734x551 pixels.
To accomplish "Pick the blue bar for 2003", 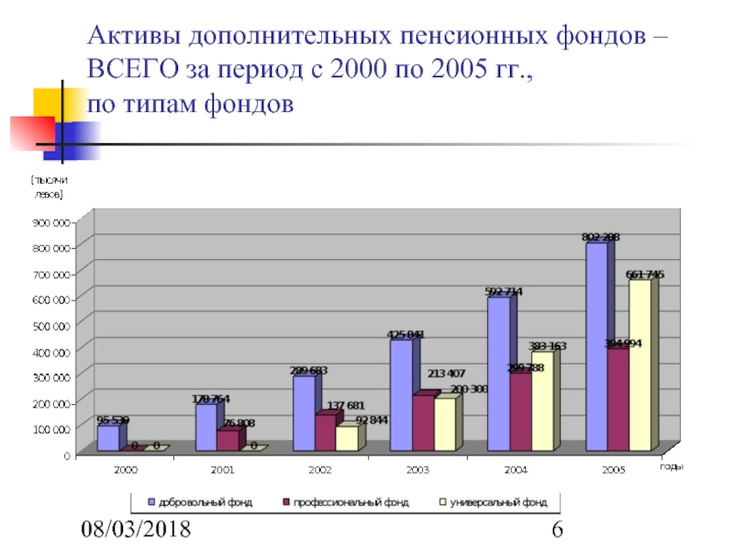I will [x=401, y=395].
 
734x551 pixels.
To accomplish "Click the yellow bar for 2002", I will [x=347, y=438].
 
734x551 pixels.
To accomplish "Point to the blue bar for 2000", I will [x=107, y=438].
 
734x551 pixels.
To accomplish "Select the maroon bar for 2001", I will [x=227, y=440].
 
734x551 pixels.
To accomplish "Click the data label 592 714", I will [x=504, y=292].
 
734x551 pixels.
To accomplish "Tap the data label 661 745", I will [x=645, y=275].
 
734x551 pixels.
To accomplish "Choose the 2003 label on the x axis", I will [x=417, y=469].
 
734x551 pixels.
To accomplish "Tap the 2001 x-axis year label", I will [x=222, y=469].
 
